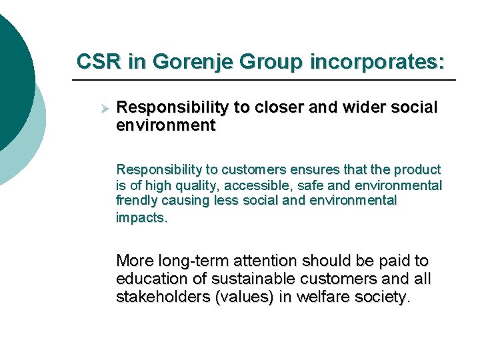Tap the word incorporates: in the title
(x=377, y=61)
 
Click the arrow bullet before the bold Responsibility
(x=103, y=107)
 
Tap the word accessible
(x=259, y=185)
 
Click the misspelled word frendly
(x=136, y=200)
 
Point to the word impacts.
(x=141, y=217)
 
